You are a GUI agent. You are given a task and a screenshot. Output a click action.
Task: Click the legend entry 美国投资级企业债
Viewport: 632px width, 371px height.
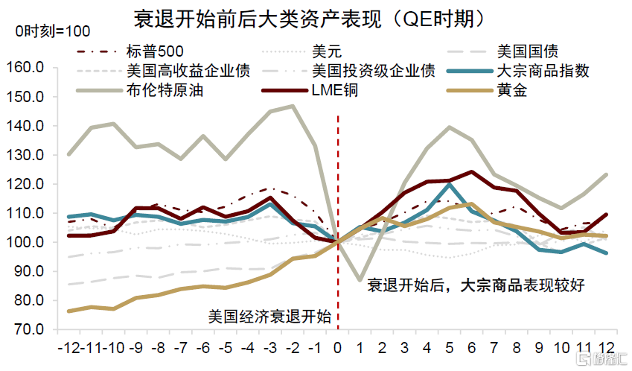coord(374,72)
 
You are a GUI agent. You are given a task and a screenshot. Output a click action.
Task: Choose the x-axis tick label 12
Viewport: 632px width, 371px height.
coord(607,348)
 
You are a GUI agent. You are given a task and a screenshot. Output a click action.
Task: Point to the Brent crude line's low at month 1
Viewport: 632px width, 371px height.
coord(361,280)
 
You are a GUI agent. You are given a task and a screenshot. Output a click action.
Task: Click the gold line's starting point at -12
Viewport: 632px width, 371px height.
coord(69,311)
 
